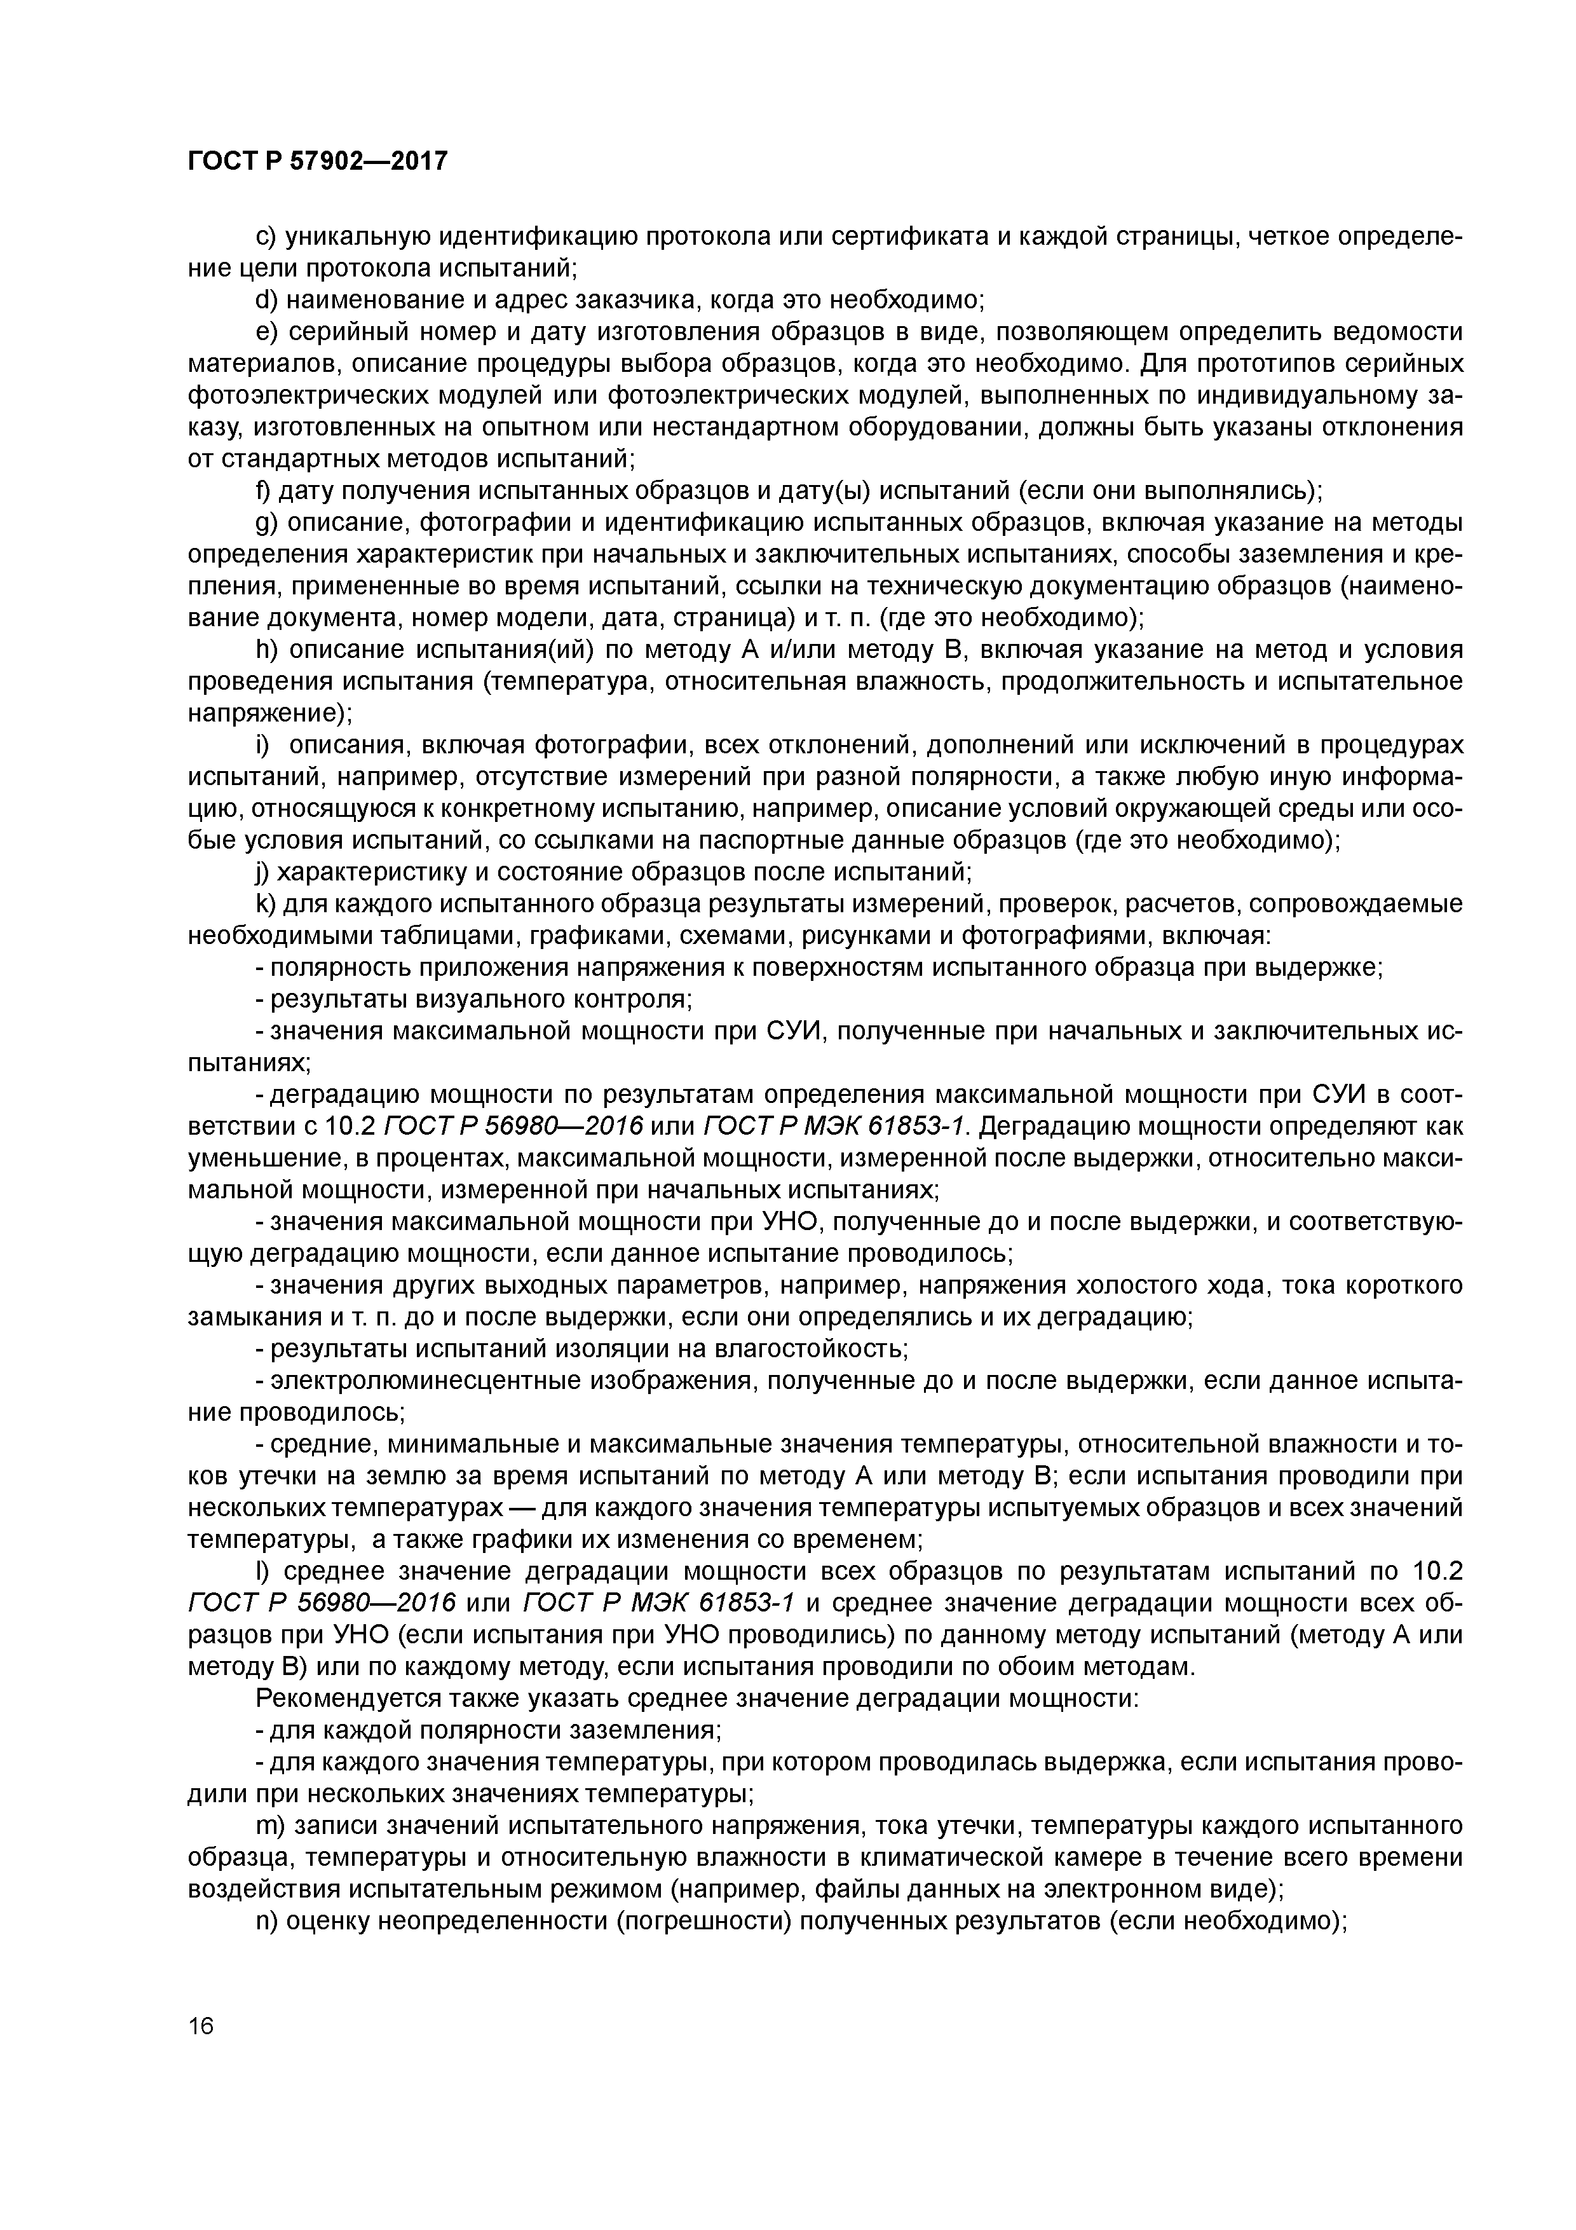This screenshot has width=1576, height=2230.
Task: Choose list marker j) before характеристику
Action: (262, 872)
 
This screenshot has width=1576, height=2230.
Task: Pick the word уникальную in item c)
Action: (357, 237)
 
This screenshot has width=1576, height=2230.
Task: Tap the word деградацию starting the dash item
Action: (344, 1095)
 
